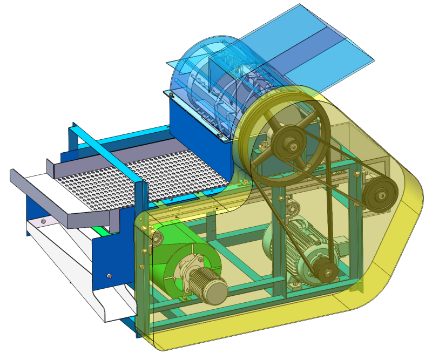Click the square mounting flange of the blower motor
(x=190, y=267)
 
